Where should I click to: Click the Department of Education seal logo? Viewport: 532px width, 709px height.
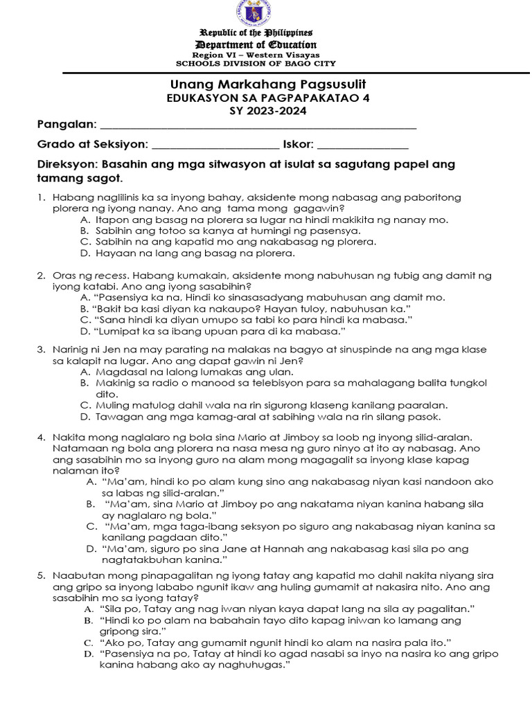tap(257, 12)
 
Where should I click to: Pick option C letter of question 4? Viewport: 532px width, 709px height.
tap(91, 526)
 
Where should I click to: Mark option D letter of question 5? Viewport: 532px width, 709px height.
tap(88, 654)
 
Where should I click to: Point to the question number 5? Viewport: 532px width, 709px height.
tap(41, 575)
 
